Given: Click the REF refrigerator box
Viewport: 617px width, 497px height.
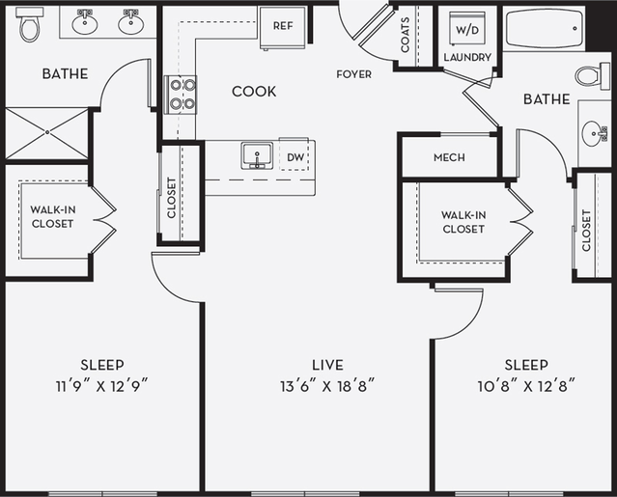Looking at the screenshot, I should click(282, 26).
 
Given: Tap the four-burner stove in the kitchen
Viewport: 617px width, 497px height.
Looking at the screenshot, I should click(182, 94).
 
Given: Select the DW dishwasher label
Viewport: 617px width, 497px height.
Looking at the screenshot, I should click(295, 155).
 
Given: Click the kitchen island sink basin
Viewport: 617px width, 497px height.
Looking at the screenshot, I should click(257, 154).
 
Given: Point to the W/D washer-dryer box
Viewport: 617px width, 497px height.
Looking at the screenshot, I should click(466, 29).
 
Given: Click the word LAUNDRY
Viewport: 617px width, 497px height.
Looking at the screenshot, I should click(468, 58).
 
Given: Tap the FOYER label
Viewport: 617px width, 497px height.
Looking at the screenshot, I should click(353, 74).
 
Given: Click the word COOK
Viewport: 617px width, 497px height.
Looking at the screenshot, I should click(254, 92).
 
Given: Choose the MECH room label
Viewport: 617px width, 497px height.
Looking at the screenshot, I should click(449, 158).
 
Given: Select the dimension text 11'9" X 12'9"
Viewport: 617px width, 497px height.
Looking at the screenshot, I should click(101, 384).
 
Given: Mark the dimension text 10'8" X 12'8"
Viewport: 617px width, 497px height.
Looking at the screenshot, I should click(525, 384).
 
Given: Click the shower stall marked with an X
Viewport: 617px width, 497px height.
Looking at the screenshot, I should click(45, 133).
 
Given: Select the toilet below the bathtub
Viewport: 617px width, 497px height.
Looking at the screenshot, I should click(590, 74).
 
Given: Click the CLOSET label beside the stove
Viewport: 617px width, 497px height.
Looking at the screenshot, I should click(172, 198).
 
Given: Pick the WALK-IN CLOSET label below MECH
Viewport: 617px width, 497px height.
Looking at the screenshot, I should click(463, 222).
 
